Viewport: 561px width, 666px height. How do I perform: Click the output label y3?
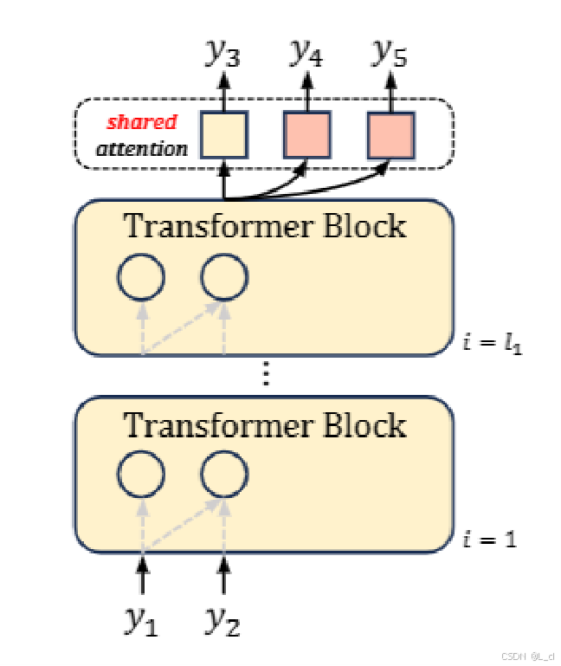[x=223, y=54]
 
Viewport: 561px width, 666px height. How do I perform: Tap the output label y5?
[x=390, y=54]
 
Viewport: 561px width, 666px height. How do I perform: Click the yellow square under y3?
[x=224, y=135]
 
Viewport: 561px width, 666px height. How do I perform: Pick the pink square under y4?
[x=306, y=135]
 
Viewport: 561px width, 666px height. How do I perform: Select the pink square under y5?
[x=390, y=135]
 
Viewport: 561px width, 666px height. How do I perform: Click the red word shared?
[x=142, y=122]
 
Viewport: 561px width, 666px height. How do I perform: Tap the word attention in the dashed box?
[x=142, y=148]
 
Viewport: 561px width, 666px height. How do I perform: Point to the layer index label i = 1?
[x=490, y=540]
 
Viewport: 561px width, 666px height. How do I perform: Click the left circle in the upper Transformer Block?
[x=141, y=277]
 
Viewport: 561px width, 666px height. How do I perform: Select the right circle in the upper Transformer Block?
[x=224, y=277]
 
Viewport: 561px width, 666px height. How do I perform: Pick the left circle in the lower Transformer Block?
[x=141, y=474]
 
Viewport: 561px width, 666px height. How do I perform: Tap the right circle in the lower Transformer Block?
[x=224, y=474]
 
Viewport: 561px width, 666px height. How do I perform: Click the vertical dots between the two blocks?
[x=266, y=374]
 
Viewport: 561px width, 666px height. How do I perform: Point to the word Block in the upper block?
[x=364, y=226]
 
